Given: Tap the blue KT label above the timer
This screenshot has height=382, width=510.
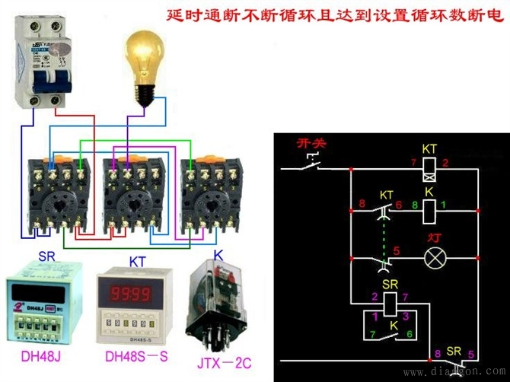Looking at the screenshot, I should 138,261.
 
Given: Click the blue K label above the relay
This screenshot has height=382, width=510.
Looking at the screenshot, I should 218,254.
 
